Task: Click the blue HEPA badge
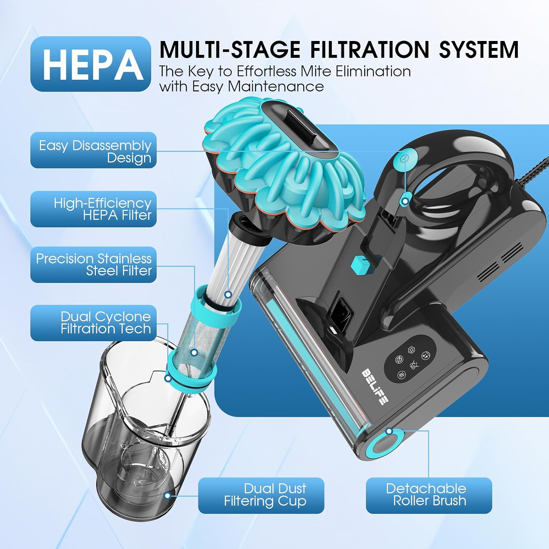[x=91, y=64]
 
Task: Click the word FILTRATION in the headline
[x=370, y=49]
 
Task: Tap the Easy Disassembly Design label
[x=93, y=150]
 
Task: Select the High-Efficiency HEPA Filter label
[x=93, y=209]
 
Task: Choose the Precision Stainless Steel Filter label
[x=93, y=265]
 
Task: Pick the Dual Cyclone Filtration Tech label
[x=93, y=323]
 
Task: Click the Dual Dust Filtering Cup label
[x=261, y=496]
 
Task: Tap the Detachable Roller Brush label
[x=429, y=496]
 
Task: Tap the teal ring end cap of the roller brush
[x=385, y=443]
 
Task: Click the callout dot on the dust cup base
[x=168, y=496]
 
